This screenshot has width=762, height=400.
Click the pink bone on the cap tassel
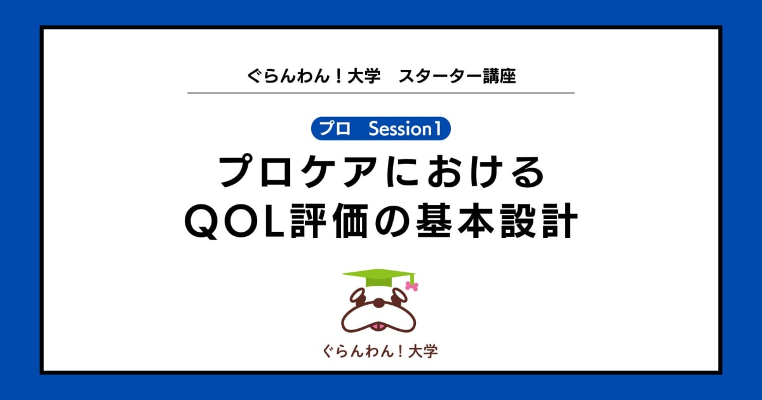click(x=411, y=286)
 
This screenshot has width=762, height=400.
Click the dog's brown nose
click(x=379, y=303)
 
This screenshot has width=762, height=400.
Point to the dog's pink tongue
click(x=379, y=326)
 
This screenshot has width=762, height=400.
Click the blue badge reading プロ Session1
click(x=381, y=129)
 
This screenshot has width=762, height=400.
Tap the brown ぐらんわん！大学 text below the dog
click(x=380, y=351)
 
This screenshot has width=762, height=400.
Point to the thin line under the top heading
click(x=381, y=93)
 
